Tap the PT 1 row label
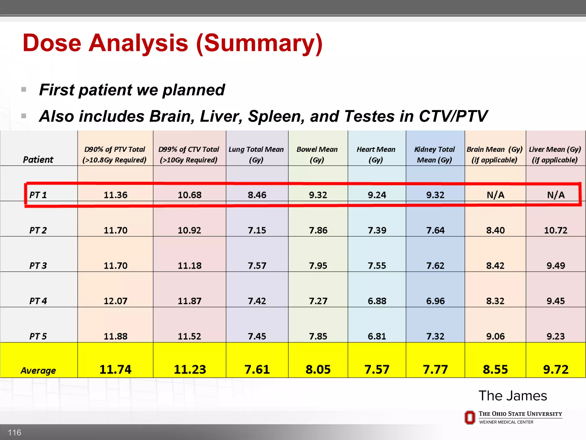coord(38,195)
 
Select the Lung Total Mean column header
coord(256,154)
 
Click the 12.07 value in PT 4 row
coord(115,301)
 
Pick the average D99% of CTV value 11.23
coord(190,370)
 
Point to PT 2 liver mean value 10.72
coord(555,230)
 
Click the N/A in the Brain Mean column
coord(495,195)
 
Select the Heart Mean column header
coord(376,154)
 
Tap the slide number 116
coord(14,432)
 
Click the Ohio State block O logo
coord(470,418)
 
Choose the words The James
coord(513,396)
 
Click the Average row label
coord(38,371)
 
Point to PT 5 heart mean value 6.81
coord(377,336)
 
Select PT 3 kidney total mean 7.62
coord(435,266)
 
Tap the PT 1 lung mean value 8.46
coord(257,195)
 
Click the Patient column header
coord(38,160)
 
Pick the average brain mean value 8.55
coord(495,370)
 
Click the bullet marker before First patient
coord(24,90)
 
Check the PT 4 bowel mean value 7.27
coord(318,301)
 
